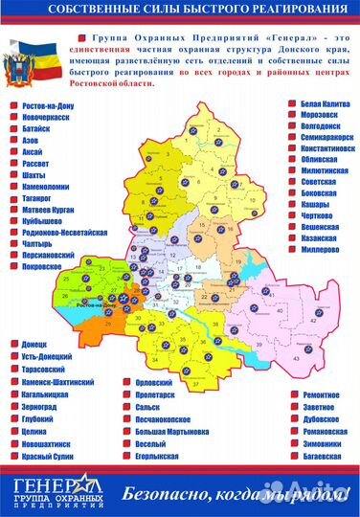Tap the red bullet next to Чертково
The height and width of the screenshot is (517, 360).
click(x=284, y=214)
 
